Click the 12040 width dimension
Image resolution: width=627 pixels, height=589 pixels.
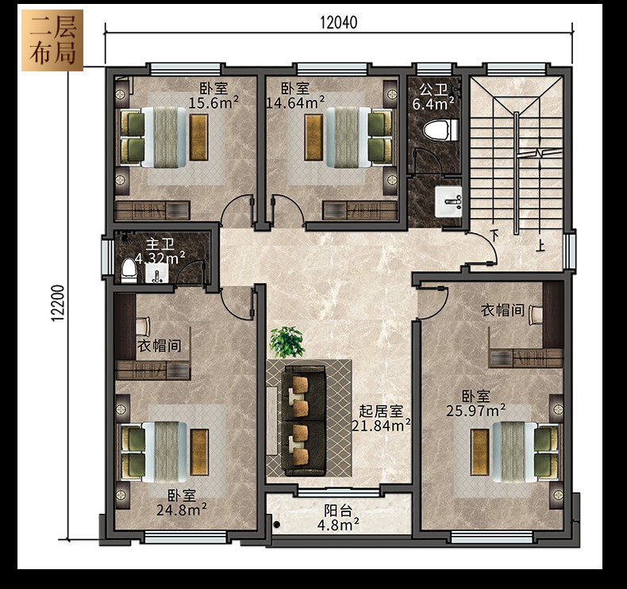tap(338, 22)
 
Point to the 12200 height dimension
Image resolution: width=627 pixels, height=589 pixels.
tap(58, 303)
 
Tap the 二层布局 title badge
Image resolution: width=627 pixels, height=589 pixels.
tap(52, 40)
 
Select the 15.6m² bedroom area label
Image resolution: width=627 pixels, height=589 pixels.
tap(213, 102)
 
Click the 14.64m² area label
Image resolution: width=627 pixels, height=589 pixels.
tap(295, 102)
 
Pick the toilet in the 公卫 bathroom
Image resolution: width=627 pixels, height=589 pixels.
tap(440, 130)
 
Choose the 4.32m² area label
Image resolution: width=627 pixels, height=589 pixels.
tap(160, 258)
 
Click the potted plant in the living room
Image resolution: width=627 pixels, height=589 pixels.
tap(287, 342)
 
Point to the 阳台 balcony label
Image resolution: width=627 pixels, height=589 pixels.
tap(338, 511)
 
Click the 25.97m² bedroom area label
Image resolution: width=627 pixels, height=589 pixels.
tap(476, 410)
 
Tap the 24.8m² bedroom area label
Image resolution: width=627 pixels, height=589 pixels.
tap(182, 510)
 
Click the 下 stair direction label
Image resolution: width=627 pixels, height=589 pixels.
tap(495, 235)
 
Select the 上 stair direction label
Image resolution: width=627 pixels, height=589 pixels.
tap(540, 245)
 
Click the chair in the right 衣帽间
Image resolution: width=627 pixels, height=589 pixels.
tap(537, 315)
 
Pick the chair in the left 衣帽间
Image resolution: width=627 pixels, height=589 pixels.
tap(143, 326)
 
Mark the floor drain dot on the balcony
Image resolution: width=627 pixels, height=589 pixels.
tap(277, 525)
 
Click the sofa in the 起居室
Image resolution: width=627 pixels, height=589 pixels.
tap(302, 419)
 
